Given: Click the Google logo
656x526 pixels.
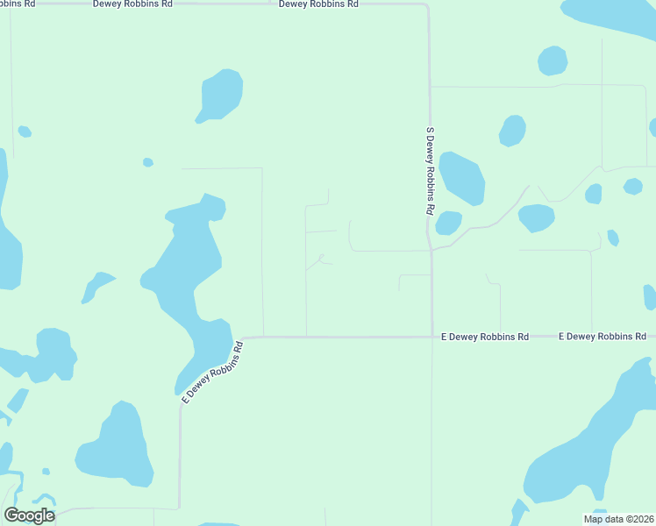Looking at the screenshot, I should click(x=29, y=515).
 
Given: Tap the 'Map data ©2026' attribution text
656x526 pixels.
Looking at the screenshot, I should click(x=617, y=519).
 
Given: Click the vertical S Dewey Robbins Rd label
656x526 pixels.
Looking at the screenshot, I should click(x=430, y=171).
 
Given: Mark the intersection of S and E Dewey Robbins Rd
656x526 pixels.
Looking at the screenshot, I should click(x=431, y=336).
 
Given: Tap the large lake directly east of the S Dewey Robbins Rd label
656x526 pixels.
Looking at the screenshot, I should click(x=461, y=178).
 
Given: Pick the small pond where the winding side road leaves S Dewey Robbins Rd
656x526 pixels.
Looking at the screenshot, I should click(x=448, y=224).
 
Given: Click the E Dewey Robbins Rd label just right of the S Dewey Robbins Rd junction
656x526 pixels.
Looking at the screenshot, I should click(x=485, y=337).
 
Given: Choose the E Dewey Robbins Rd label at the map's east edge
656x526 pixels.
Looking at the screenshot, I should click(x=603, y=337).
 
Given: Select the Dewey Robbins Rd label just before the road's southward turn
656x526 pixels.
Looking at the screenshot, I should click(x=318, y=4).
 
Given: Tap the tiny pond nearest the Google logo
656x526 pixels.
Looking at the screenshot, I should click(x=46, y=472).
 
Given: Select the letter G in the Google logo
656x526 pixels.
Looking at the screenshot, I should click(x=11, y=515).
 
